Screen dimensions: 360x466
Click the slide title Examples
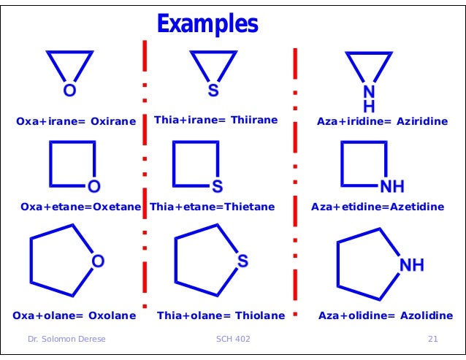[x=207, y=24]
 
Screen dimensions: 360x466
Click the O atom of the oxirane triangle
[x=69, y=91]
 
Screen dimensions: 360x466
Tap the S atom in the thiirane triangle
[x=213, y=91]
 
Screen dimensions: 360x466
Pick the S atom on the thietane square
[x=217, y=183]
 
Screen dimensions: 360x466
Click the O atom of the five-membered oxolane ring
[x=97, y=261]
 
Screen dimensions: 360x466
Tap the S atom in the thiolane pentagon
[x=242, y=261]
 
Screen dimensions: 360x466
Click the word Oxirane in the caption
[x=113, y=120]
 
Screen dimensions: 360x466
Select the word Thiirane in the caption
[x=255, y=120]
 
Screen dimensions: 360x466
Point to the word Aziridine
[x=422, y=120]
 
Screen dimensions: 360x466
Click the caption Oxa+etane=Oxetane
[x=80, y=207]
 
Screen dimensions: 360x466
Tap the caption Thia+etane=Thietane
[x=212, y=207]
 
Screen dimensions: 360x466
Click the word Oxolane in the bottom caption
[x=112, y=315]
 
